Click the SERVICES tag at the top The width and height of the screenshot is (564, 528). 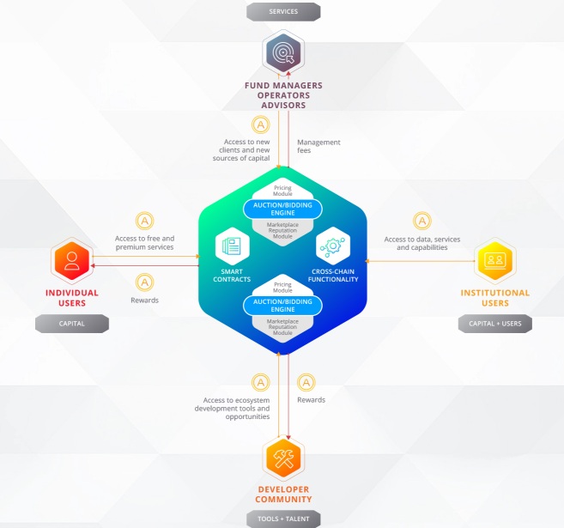[283, 11]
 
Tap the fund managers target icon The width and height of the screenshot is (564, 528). [283, 52]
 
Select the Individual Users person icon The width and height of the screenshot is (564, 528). [72, 260]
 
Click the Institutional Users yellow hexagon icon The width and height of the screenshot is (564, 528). [495, 260]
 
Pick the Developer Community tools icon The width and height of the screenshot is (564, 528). [283, 458]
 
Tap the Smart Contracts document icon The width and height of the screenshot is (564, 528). [233, 246]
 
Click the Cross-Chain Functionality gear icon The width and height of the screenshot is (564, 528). [333, 246]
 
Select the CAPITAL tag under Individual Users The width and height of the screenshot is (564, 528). [72, 324]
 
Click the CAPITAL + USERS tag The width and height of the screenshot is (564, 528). [495, 324]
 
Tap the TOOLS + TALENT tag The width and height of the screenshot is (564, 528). [283, 519]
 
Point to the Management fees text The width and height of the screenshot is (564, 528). [318, 147]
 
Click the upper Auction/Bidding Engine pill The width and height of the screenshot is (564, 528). [282, 209]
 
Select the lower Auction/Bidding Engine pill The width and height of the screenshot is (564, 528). [282, 306]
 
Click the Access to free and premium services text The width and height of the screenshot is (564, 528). [144, 243]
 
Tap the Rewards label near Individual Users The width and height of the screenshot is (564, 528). [144, 300]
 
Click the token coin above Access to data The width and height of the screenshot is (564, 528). [422, 221]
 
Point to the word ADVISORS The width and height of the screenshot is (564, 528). [283, 106]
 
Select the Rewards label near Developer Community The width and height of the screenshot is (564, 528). [311, 400]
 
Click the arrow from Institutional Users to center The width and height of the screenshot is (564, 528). [420, 261]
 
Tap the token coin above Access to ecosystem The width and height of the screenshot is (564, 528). [261, 382]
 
